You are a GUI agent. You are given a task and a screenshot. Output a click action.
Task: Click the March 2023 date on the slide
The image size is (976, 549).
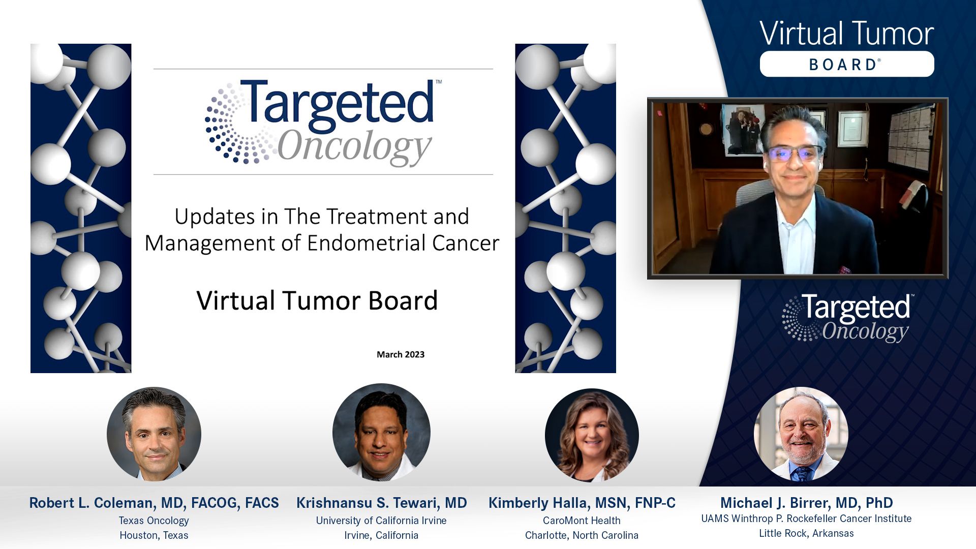pos(401,354)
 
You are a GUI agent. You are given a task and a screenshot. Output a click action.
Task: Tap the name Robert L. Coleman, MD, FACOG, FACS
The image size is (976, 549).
pos(154,503)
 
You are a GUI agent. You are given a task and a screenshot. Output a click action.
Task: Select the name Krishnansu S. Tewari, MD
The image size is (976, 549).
pos(381,503)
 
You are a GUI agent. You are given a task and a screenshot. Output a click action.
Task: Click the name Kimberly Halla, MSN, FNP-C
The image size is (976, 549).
pos(582,503)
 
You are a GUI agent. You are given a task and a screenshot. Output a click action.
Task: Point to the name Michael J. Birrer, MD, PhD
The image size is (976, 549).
pos(806,503)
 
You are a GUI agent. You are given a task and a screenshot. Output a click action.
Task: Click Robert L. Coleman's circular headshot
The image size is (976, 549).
pos(154,434)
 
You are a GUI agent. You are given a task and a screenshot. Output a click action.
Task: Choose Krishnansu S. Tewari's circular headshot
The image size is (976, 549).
pos(381,432)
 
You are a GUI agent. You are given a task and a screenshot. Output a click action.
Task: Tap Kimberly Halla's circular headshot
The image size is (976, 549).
pos(592,435)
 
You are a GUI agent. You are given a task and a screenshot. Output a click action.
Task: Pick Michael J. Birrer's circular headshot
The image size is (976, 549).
pos(801,434)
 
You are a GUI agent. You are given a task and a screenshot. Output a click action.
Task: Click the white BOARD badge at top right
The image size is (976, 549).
pos(846,64)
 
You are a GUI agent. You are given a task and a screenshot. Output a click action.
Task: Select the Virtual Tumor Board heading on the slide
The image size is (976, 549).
pos(317,300)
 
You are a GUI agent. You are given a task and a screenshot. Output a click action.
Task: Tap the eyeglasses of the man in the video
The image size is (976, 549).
pos(794,153)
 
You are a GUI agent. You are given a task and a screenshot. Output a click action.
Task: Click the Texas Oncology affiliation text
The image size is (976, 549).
pos(154,521)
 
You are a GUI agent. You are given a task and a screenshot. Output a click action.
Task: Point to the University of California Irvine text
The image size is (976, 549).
pos(381,521)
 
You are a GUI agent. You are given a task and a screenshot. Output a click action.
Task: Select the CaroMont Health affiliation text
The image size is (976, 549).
pos(582,521)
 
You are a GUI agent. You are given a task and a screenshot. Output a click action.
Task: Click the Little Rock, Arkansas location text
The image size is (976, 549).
pos(806,533)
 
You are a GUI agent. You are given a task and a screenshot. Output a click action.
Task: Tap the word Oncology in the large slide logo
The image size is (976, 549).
pos(354,147)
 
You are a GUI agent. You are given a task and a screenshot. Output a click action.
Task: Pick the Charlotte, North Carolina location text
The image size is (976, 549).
pos(582,535)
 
